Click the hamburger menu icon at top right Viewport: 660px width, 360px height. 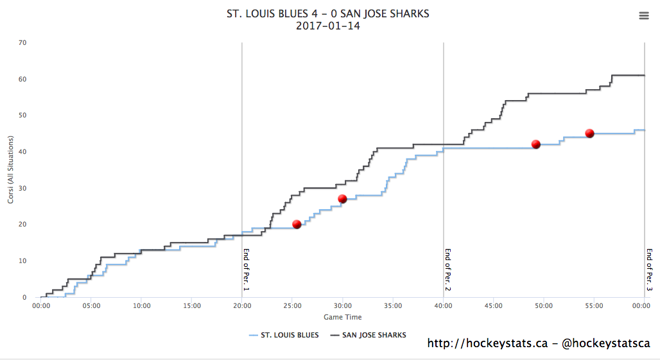click(x=644, y=16)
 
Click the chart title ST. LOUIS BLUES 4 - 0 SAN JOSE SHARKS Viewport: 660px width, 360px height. click(x=328, y=13)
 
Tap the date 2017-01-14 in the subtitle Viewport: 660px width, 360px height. click(x=328, y=26)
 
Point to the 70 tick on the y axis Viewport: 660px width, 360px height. click(x=22, y=43)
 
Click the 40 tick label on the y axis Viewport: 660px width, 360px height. click(x=22, y=152)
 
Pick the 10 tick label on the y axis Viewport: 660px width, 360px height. click(x=22, y=261)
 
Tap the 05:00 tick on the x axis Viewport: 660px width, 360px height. click(x=91, y=306)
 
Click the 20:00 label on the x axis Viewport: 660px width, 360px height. click(x=242, y=306)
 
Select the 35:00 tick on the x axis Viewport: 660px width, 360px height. click(x=393, y=306)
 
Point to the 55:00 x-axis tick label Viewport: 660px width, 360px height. click(x=594, y=306)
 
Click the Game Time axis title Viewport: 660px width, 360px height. click(x=342, y=317)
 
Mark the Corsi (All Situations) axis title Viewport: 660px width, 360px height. click(x=11, y=170)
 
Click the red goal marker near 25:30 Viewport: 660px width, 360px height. click(x=297, y=224)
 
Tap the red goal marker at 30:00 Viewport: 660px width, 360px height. click(x=342, y=199)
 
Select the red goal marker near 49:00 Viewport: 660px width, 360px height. click(x=535, y=144)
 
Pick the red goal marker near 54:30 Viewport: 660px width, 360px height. click(x=589, y=133)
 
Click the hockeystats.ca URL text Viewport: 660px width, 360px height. click(x=487, y=344)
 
